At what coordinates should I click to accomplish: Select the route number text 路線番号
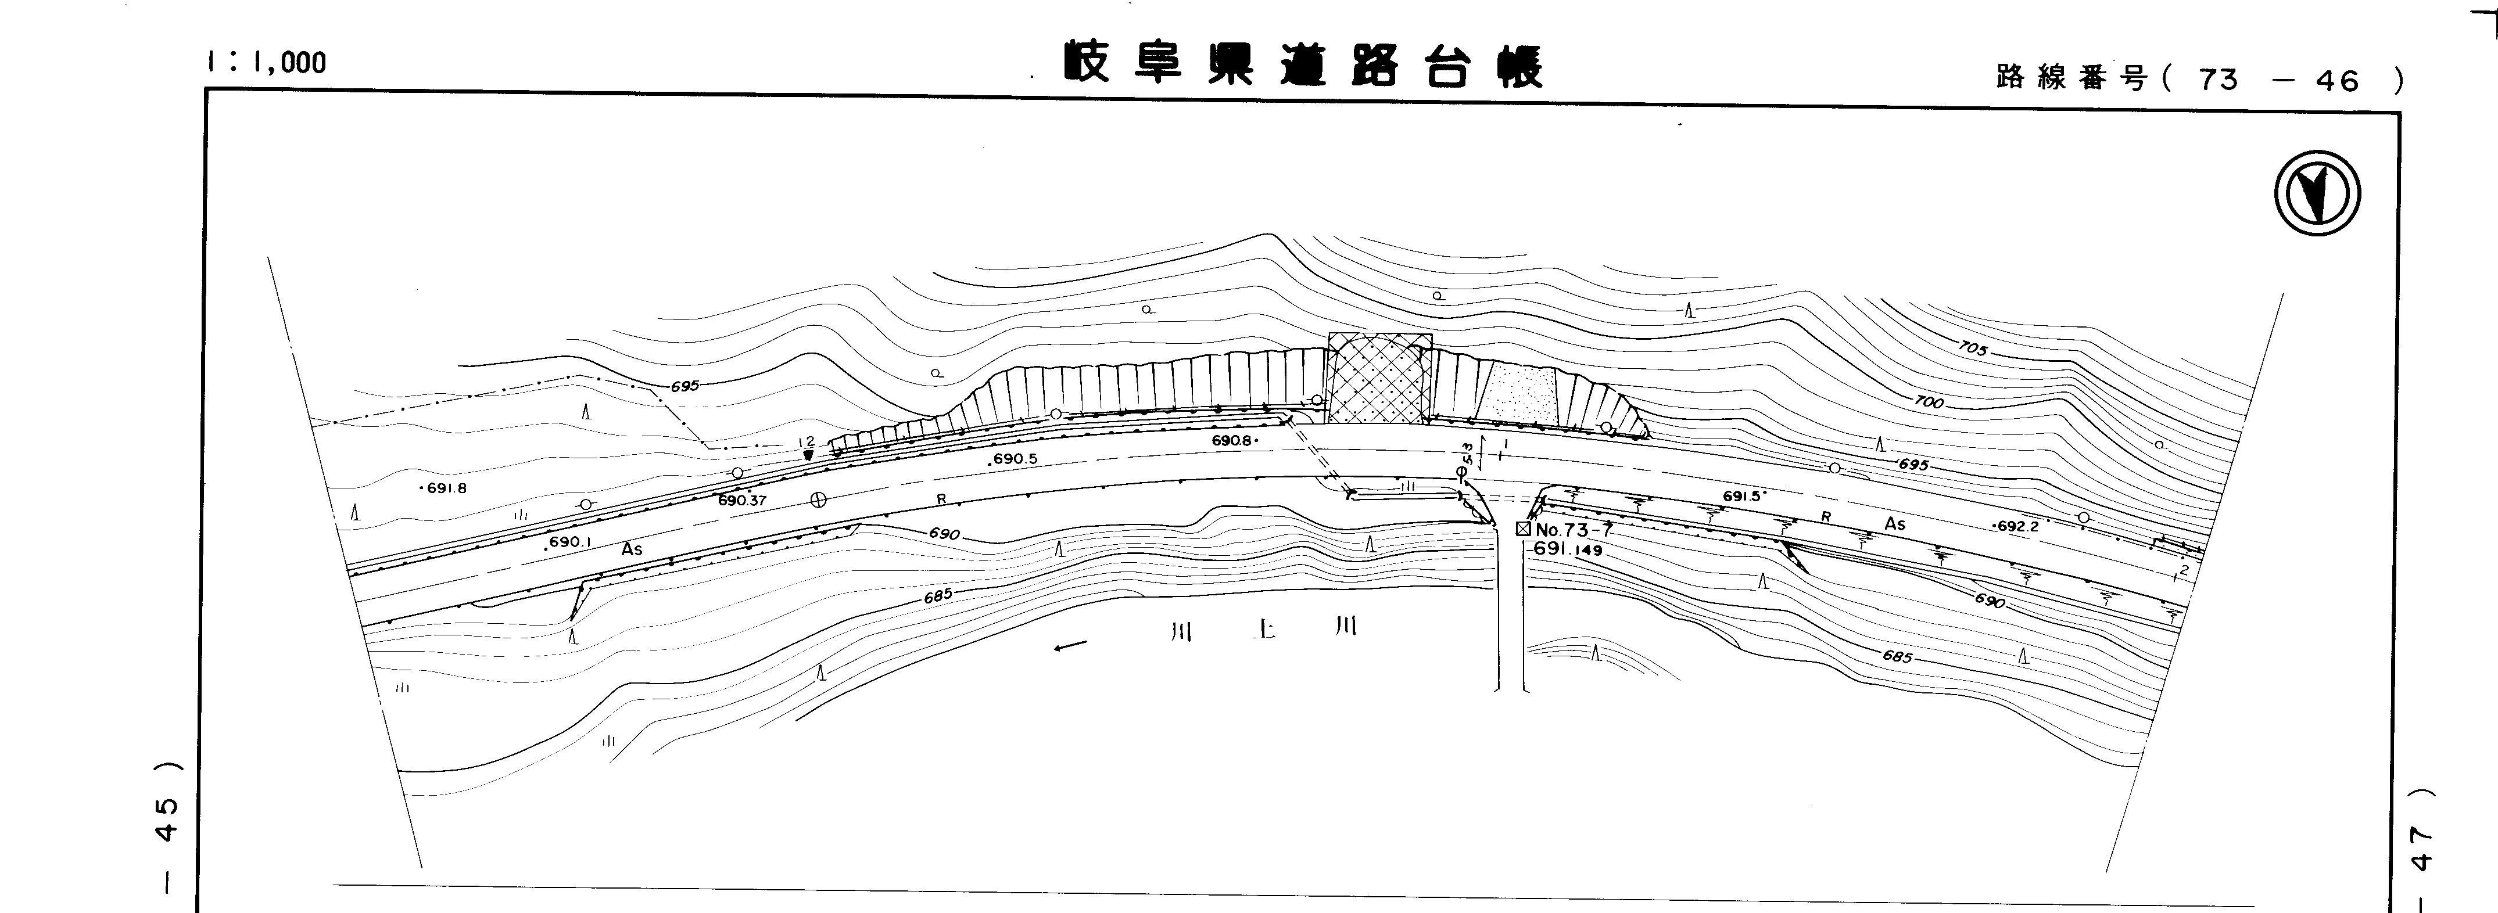[x=2072, y=78]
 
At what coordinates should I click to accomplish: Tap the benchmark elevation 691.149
[x=1568, y=549]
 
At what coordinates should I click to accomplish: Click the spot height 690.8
[x=1234, y=441]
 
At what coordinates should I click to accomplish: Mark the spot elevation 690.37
[x=742, y=501]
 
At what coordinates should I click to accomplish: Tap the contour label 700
[x=1930, y=400]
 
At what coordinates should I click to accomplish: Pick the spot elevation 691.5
[x=1741, y=496]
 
